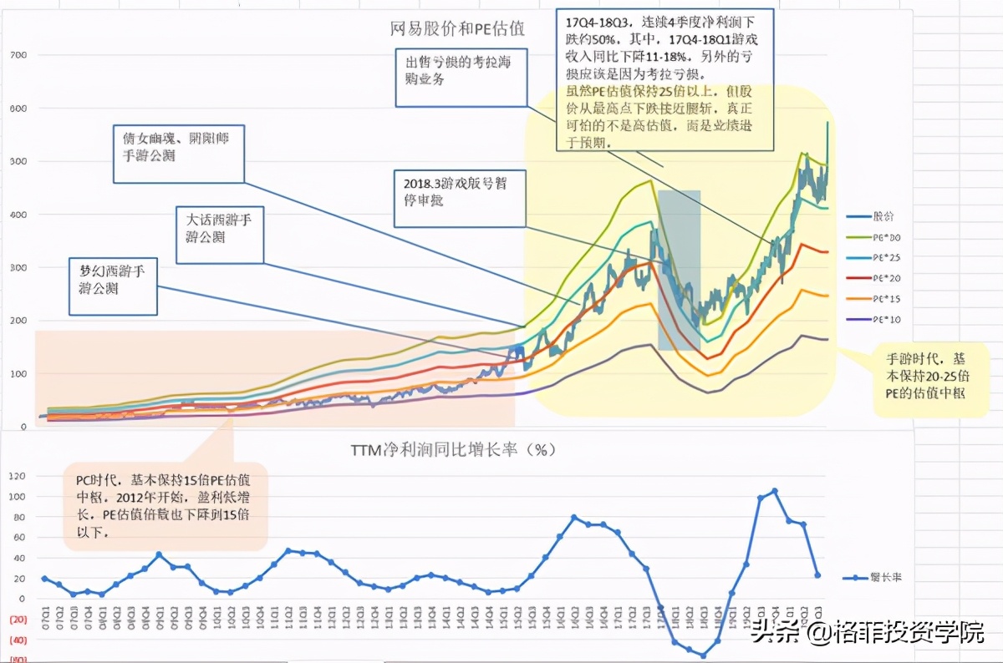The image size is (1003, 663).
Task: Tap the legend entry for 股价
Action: (x=883, y=216)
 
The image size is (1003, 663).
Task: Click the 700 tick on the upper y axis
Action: (x=18, y=55)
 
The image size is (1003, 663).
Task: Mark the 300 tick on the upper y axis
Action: (x=18, y=267)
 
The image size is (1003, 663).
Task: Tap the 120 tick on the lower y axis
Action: (x=18, y=476)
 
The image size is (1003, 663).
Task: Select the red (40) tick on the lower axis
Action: (x=18, y=640)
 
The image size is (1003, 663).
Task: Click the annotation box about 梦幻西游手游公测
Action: (x=113, y=286)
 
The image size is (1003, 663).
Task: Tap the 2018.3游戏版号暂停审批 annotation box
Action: (x=461, y=197)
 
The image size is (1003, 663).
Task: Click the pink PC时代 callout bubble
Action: (x=165, y=505)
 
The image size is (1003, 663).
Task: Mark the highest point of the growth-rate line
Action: (x=774, y=491)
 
